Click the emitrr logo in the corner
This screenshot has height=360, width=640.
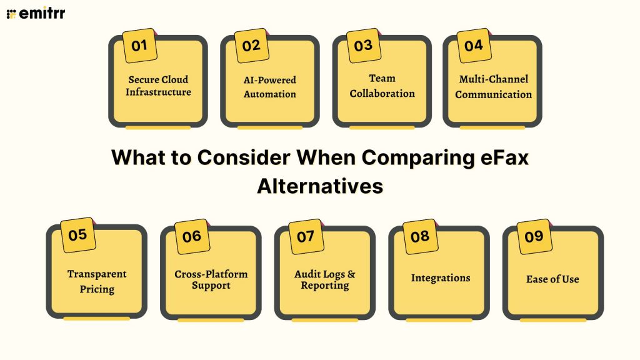(x=36, y=13)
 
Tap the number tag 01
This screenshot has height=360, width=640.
(x=139, y=46)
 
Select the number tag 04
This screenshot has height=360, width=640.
(x=474, y=46)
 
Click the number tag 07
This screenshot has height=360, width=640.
(x=306, y=236)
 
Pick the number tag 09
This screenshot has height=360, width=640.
(x=534, y=236)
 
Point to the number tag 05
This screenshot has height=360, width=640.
(x=77, y=235)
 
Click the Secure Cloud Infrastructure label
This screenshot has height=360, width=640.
(x=158, y=86)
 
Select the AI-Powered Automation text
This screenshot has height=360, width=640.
(x=269, y=87)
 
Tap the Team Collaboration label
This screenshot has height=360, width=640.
(x=382, y=86)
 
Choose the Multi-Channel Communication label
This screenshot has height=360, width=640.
(x=493, y=87)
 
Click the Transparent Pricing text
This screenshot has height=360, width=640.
(x=97, y=281)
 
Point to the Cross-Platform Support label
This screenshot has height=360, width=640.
(x=211, y=279)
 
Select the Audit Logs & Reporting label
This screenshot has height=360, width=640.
(x=324, y=279)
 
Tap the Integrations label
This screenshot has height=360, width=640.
(x=440, y=277)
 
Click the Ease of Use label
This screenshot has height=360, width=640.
(x=552, y=279)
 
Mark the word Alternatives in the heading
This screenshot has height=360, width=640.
(x=319, y=186)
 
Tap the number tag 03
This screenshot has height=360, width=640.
(x=363, y=46)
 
